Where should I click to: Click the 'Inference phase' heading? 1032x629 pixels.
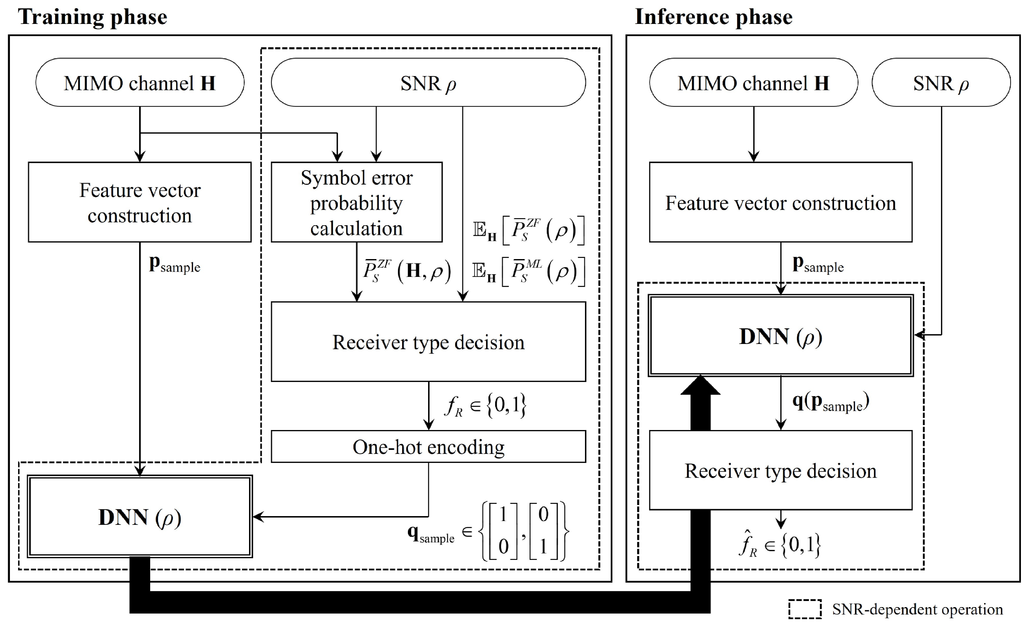713,18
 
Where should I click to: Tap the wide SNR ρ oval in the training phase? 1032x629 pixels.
428,83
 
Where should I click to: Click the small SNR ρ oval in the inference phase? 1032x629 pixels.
941,83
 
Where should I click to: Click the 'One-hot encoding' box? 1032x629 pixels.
428,447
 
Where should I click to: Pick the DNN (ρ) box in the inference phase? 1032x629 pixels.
780,336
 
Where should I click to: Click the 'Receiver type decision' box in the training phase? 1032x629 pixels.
428,342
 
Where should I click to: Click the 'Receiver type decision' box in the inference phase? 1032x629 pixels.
780,471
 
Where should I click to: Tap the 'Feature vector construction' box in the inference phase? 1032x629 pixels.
780,202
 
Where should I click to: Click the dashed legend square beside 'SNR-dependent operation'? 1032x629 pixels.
805,609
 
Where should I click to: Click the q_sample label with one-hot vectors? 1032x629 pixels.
488,531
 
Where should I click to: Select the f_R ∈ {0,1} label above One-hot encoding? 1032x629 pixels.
485,406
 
